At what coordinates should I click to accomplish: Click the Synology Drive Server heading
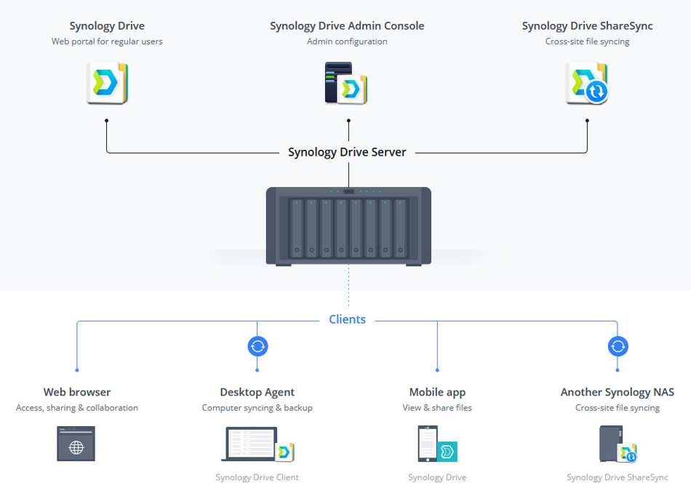pos(347,152)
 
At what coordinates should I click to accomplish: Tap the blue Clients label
pos(347,319)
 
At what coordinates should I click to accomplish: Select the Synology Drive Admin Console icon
pos(346,83)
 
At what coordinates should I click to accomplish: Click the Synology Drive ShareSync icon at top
pos(587,83)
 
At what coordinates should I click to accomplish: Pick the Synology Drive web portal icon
pos(107,83)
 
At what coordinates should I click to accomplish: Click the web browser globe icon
pos(76,444)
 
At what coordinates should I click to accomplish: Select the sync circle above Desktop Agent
pos(257,346)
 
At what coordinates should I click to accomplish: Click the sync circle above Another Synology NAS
pos(618,346)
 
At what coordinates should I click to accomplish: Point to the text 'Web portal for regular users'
pos(107,41)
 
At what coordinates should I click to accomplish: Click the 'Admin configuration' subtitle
pos(347,41)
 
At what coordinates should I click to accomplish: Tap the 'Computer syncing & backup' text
pos(257,408)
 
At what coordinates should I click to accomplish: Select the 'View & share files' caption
pos(437,408)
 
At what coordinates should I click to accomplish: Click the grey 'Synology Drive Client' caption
pos(257,477)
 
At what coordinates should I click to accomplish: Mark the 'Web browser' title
pos(77,392)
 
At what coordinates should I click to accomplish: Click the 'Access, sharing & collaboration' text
pos(77,408)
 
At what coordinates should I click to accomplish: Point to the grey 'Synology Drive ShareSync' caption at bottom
pos(618,477)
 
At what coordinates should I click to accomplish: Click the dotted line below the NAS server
pos(348,287)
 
